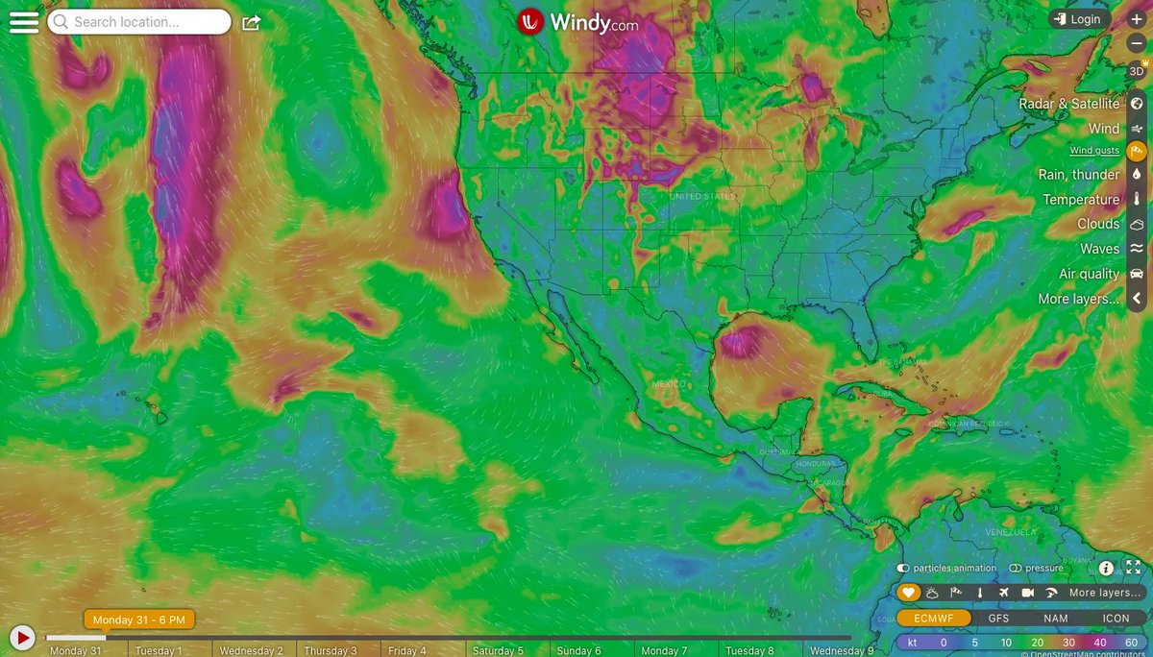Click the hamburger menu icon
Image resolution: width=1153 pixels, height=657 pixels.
coord(23,22)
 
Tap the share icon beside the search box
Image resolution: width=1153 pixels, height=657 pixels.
coord(252,22)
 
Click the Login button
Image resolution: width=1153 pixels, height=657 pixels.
coord(1078,19)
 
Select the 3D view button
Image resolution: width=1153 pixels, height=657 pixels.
coord(1136,71)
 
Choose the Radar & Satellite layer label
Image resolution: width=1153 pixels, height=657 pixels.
coord(1068,104)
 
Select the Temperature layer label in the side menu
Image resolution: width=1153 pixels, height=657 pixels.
coord(1081,200)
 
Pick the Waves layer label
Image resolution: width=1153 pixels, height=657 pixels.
coord(1099,249)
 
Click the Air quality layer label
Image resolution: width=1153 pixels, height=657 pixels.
coord(1089,274)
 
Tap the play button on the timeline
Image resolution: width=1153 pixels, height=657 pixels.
coord(22,637)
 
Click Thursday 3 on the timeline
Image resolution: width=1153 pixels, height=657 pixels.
coord(330,650)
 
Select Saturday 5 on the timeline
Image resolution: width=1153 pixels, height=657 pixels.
coord(498,650)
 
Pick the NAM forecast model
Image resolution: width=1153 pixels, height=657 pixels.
coord(1055,619)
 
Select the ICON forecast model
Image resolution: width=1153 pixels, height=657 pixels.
coord(1116,619)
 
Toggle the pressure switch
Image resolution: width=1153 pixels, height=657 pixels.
coord(1016,569)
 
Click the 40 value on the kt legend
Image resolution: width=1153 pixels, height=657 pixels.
coord(1100,643)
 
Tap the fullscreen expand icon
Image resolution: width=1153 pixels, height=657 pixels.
coord(1133,568)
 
